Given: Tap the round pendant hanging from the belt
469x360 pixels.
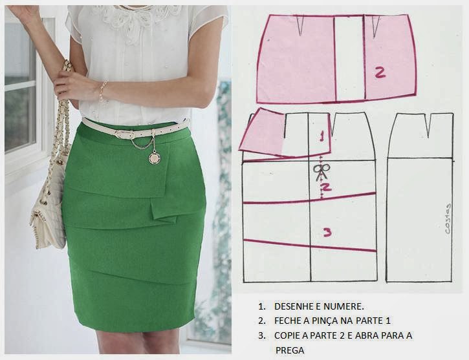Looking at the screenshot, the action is point(155,158).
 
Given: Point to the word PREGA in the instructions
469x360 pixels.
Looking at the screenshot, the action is point(290,350).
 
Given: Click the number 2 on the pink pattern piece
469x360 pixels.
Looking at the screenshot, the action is point(380,73).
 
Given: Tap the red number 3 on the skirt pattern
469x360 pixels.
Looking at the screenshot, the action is point(327,232).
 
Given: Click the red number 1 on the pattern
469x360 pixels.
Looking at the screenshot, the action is point(322,136).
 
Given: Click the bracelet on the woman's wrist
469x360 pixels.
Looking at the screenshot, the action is point(103,90).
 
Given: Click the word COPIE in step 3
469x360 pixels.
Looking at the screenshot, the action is point(287,335).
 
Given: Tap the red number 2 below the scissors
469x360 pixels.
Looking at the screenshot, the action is point(326,187).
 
